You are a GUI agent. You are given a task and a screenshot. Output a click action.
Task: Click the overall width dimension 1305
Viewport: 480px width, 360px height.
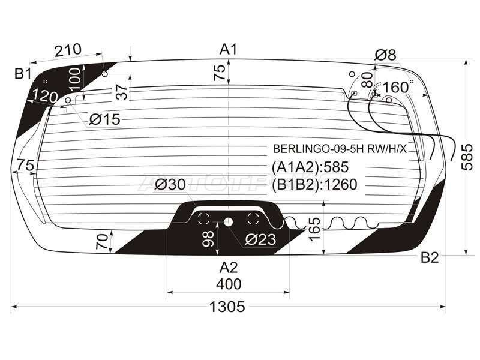[228, 307]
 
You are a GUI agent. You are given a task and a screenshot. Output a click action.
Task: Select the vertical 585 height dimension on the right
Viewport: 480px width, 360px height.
[470, 157]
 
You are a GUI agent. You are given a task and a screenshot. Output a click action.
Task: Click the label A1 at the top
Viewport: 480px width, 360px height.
[229, 49]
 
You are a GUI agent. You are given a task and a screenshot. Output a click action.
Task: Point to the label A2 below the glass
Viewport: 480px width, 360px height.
[229, 268]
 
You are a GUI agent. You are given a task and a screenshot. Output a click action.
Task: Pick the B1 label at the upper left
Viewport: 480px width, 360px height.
[23, 74]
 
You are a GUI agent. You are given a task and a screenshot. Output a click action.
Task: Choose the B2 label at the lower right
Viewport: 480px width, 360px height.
[430, 259]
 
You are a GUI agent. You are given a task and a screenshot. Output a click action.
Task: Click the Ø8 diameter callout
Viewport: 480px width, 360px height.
[385, 55]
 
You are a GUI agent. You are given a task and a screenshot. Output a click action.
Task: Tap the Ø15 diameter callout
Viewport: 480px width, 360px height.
[104, 120]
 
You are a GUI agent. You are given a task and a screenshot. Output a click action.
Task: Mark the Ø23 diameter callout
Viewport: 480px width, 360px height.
[259, 240]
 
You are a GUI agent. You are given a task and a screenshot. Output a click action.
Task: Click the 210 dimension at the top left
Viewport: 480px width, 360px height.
[68, 52]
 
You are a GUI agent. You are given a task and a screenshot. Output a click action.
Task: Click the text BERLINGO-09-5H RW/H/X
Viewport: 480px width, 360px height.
[340, 149]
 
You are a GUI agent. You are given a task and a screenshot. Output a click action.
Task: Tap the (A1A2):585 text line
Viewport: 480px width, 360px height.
[310, 167]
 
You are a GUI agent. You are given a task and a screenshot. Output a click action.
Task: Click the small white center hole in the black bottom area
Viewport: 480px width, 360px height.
[228, 221]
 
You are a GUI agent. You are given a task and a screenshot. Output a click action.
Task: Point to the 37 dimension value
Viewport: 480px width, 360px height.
[122, 92]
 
